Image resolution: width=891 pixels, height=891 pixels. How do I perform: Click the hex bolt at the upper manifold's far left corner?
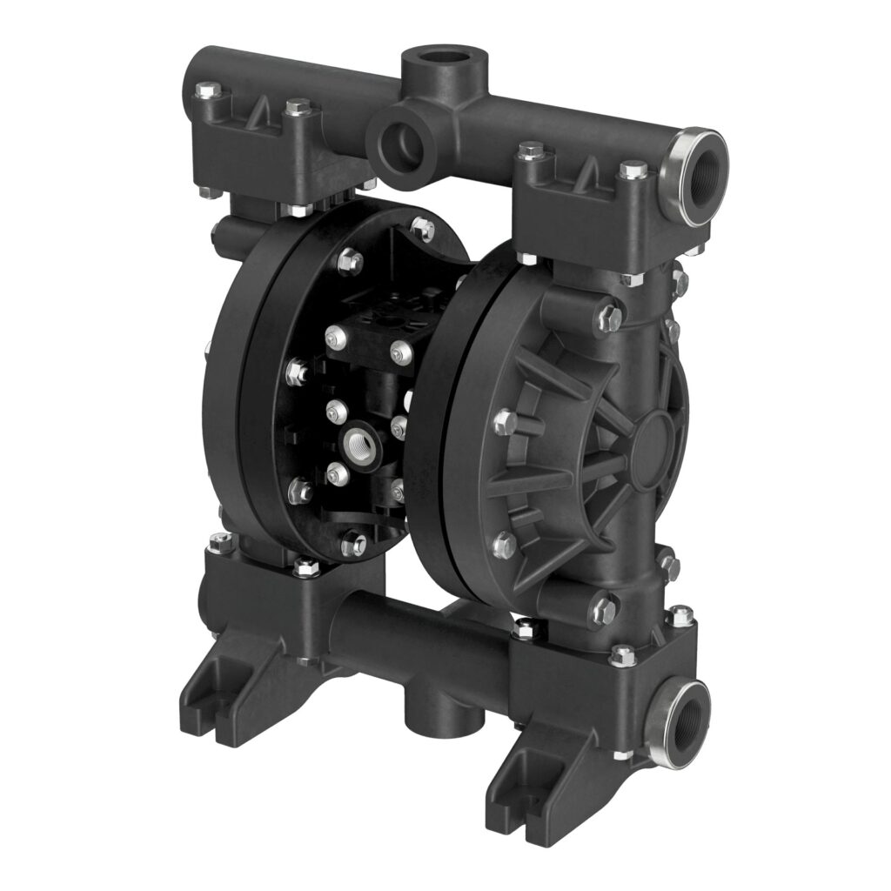206,90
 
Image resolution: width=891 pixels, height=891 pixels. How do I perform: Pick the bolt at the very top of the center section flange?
423,229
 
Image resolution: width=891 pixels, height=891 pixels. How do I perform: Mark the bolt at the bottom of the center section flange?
354,545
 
